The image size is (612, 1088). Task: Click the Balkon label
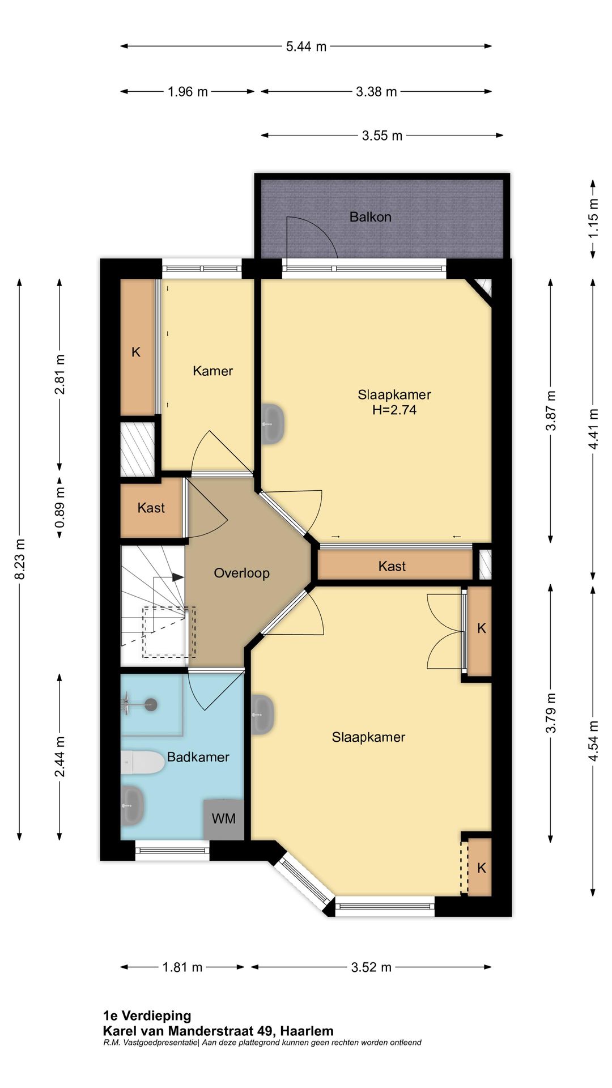[x=370, y=217]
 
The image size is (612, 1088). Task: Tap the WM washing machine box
[x=224, y=819]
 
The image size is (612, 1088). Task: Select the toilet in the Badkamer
[x=142, y=763]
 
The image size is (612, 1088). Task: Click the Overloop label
[x=241, y=573]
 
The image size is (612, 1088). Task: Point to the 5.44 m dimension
[x=306, y=46]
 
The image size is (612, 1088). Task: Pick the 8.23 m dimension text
[x=20, y=559]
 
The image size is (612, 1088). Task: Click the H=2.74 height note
[x=394, y=410]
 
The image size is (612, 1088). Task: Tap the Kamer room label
[x=213, y=371]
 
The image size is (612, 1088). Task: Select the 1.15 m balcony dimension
[x=593, y=219]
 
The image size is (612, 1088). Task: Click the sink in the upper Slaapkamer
[x=273, y=423]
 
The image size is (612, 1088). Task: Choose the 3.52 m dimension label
[x=371, y=967]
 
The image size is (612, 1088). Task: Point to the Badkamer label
[x=198, y=757]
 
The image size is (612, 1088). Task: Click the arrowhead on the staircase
[x=178, y=577]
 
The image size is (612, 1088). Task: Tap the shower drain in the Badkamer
[x=151, y=705]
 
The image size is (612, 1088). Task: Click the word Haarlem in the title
[x=307, y=1031]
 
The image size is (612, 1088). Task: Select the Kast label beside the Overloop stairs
[x=151, y=508]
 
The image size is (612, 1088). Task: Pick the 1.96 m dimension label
[x=188, y=92]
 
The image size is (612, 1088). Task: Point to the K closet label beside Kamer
[x=136, y=352]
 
